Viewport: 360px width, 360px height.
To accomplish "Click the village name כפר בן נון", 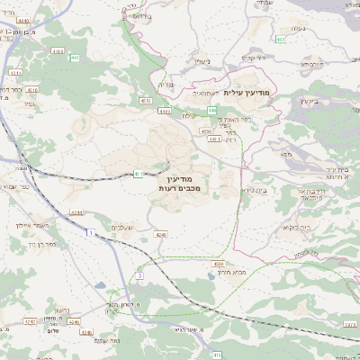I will tap(46, 243).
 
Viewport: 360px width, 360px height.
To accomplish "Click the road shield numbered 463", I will tap(281, 40).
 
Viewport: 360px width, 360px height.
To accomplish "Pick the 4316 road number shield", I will tap(32, 91).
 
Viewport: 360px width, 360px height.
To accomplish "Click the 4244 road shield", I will tap(76, 212).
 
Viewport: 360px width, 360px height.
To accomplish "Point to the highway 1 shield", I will tap(91, 234).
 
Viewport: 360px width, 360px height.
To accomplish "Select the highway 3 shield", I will tap(140, 275).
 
